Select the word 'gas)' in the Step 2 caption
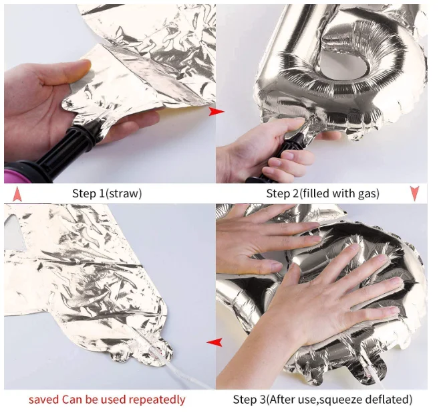pos(368,194)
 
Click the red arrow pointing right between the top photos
pos(216,112)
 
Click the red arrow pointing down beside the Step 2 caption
pos(415,193)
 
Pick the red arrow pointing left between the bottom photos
pos(214,342)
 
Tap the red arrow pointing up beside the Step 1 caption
pos(17,194)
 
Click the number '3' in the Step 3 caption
pos(261,400)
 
